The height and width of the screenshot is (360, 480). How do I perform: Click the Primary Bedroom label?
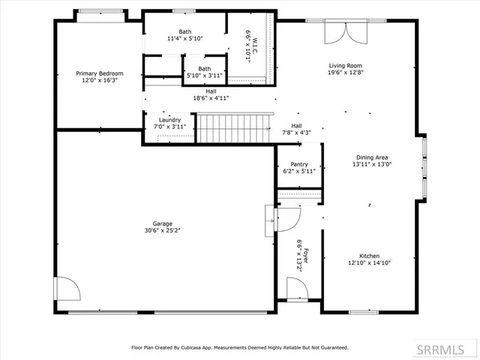(x=99, y=73)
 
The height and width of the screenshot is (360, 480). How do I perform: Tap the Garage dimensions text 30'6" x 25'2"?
(x=163, y=230)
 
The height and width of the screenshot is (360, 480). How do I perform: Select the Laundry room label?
(x=169, y=120)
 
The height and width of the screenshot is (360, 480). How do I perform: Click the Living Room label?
(x=346, y=66)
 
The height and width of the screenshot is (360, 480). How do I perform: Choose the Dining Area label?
(x=370, y=157)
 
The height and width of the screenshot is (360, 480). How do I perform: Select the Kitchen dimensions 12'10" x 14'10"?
(x=370, y=262)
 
